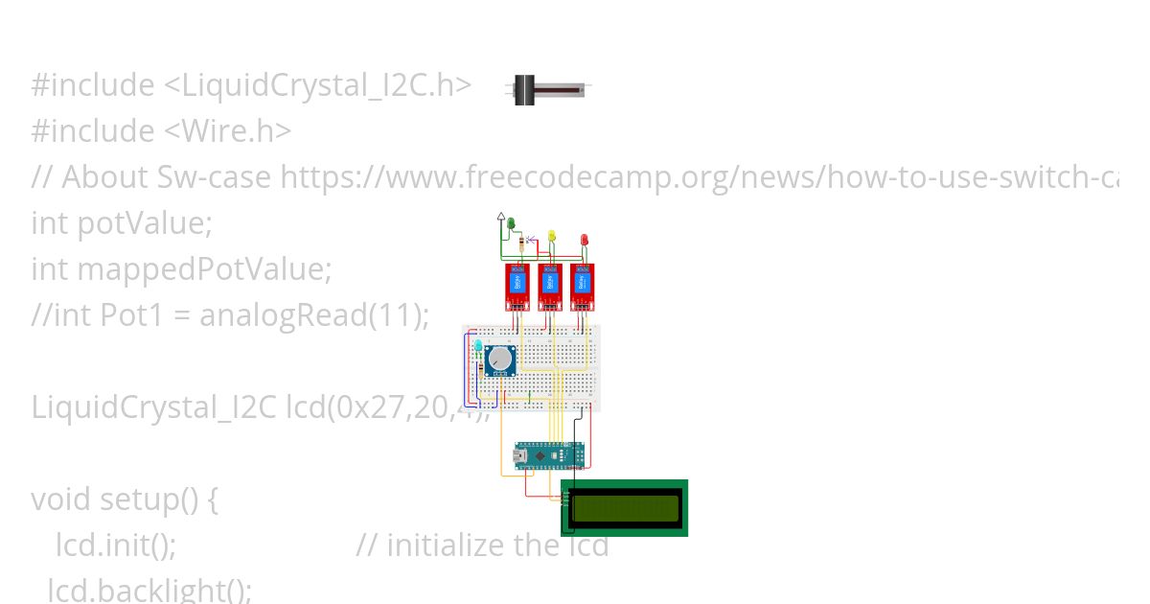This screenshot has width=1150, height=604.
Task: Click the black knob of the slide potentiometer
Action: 524,90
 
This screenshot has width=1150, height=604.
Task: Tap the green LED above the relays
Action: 511,223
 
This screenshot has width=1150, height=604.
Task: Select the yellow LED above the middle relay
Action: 551,235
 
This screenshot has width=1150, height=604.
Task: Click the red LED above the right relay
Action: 585,239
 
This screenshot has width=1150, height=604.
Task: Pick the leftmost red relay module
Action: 517,286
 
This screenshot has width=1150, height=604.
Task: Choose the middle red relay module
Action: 550,286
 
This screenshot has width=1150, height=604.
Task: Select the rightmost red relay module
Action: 583,286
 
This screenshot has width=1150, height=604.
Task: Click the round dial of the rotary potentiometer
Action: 500,360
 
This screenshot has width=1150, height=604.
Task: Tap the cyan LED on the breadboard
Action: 479,346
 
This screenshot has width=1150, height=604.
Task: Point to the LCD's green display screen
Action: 625,507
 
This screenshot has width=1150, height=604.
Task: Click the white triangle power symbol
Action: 500,219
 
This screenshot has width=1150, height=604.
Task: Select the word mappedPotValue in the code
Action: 203,269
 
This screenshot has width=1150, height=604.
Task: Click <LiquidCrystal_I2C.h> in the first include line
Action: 317,85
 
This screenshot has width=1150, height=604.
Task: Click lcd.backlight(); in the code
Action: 149,590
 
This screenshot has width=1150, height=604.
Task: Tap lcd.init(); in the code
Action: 116,546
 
